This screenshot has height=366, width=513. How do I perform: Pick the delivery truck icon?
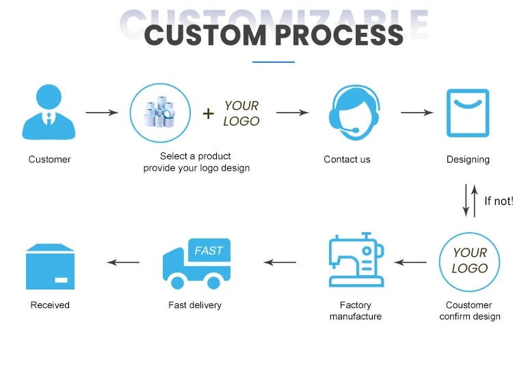point(196,262)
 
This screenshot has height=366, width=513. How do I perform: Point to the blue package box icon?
point(49,266)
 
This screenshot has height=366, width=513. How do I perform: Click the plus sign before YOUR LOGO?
point(209,113)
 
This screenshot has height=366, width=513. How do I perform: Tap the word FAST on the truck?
point(208,251)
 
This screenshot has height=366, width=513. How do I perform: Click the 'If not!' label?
point(498,201)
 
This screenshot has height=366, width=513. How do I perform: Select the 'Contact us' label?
point(347,159)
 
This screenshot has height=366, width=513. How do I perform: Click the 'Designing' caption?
point(468,159)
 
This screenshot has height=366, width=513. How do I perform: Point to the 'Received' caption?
point(50,305)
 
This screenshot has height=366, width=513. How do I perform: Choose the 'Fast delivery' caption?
point(195,305)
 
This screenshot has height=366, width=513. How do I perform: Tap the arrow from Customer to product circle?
point(102,113)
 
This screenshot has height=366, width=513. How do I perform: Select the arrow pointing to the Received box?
point(124,262)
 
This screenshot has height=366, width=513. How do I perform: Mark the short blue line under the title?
point(273,62)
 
